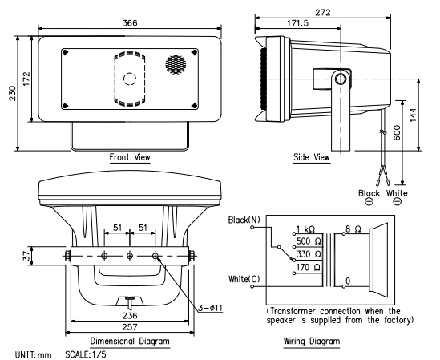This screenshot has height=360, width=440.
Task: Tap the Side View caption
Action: pos(312,157)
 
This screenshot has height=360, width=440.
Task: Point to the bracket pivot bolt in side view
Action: pos(341,79)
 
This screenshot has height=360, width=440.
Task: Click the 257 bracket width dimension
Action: pos(131,330)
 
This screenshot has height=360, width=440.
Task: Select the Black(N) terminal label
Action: pos(243,219)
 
